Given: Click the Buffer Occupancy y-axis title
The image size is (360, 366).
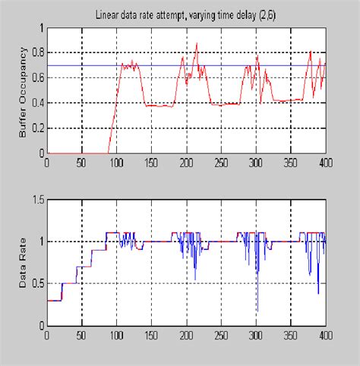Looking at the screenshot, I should (22, 91).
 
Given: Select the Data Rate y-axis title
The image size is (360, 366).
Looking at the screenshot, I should (22, 262).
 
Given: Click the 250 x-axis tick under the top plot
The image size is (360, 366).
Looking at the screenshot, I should (221, 161).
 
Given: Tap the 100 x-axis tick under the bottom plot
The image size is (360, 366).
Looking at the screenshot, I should (117, 334).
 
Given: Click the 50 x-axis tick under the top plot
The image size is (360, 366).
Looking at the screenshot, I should (82, 161).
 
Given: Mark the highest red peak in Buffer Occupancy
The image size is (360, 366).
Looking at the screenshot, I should (197, 43).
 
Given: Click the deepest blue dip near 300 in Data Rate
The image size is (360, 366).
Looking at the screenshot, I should (257, 311).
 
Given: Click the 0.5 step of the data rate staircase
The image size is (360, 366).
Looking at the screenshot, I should (69, 283).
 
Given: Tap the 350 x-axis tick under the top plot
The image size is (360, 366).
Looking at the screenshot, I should (290, 161).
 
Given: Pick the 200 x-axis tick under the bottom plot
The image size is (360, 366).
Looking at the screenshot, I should (186, 334).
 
